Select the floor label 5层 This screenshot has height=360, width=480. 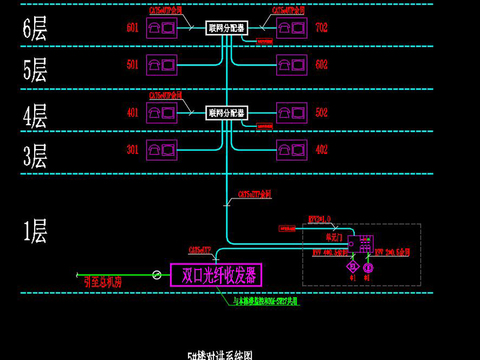pyautogui.click(x=34, y=70)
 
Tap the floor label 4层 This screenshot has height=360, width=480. pyautogui.click(x=34, y=114)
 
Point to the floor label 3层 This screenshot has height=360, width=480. pyautogui.click(x=34, y=156)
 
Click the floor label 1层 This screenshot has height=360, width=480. pyautogui.click(x=34, y=233)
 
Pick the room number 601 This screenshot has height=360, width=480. pyautogui.click(x=132, y=29)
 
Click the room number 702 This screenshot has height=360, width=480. pyautogui.click(x=320, y=29)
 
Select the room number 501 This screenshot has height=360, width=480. pyautogui.click(x=132, y=66)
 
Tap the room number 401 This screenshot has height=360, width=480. pyautogui.click(x=132, y=113)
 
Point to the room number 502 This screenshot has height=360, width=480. pyautogui.click(x=320, y=113)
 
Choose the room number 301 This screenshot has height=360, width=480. pyautogui.click(x=132, y=151)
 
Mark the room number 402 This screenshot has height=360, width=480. pyautogui.click(x=320, y=151)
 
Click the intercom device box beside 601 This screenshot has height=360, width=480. pyautogui.click(x=161, y=29)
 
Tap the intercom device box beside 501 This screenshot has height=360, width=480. pyautogui.click(x=161, y=66)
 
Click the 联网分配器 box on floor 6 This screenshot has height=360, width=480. pyautogui.click(x=225, y=29)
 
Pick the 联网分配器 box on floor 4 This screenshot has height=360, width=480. pyautogui.click(x=225, y=113)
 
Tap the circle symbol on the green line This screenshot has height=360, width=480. pyautogui.click(x=155, y=274)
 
